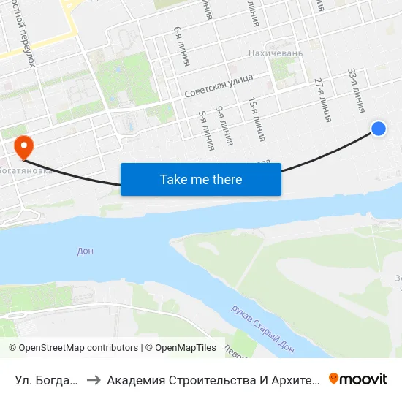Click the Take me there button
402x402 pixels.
click(201, 179)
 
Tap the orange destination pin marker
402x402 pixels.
click(24, 145)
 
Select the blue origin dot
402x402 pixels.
click(379, 128)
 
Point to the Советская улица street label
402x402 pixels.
click(219, 86)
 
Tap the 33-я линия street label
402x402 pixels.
click(356, 91)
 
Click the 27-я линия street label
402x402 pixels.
click(322, 99)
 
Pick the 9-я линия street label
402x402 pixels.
click(224, 125)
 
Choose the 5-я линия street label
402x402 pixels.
click(206, 130)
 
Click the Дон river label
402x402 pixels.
click(86, 251)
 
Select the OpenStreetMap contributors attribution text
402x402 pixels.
click(74, 348)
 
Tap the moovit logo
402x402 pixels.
click(358, 379)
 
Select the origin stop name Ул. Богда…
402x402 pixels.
click(45, 379)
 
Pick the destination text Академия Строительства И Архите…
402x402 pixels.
click(213, 379)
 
